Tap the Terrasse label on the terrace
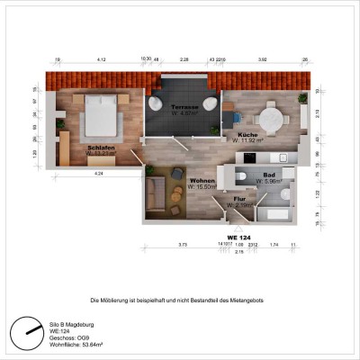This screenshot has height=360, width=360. pos(185,106)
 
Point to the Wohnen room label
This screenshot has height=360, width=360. pos(202,181)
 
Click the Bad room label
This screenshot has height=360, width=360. pos(269,176)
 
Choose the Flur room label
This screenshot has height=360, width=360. pos(239,198)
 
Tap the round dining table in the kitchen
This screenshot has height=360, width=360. pos(270,117)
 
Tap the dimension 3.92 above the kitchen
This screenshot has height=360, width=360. pos(262,59)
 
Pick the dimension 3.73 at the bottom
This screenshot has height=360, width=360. pos(182,244)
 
